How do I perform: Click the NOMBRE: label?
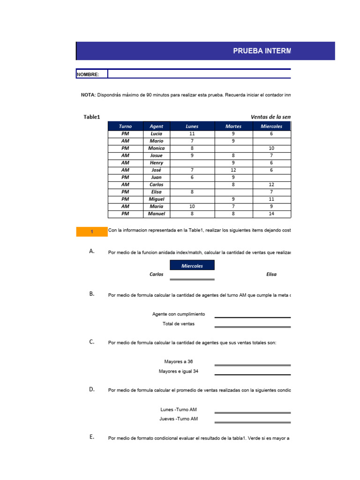(88, 75)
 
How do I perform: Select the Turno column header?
(125, 126)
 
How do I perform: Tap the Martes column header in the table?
(233, 126)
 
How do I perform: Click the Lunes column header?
(192, 126)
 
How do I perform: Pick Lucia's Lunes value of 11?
(192, 134)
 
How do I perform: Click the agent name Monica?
(157, 148)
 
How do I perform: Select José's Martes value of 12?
(233, 170)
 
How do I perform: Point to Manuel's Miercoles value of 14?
(271, 214)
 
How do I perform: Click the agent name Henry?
(157, 163)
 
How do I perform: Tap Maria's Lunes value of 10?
(192, 206)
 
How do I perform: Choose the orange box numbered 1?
(92, 232)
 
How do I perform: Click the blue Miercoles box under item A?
(192, 266)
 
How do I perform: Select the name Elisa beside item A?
(271, 274)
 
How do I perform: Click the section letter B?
(92, 294)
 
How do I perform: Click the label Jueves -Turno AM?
(179, 419)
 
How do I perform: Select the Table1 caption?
(92, 117)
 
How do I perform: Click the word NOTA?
(88, 95)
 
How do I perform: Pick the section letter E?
(92, 437)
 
